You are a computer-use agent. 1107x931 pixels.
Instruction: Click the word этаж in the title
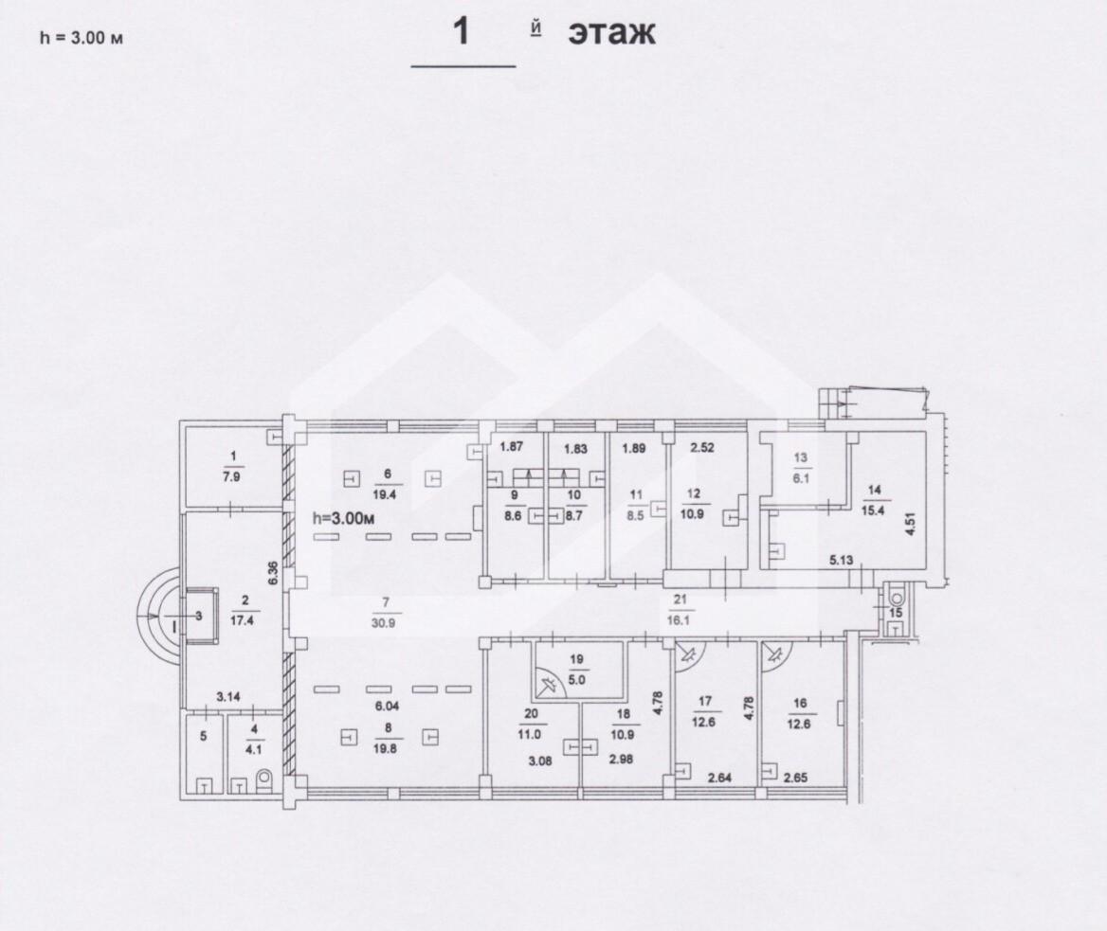[x=611, y=32]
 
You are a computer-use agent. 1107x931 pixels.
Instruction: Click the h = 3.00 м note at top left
[x=82, y=37]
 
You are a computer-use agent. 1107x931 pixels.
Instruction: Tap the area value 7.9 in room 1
[x=234, y=477]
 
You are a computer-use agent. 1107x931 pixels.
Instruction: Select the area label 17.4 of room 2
[x=245, y=621]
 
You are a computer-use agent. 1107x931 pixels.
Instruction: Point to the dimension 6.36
[x=273, y=572]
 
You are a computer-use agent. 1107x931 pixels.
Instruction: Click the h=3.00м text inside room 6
[x=344, y=518]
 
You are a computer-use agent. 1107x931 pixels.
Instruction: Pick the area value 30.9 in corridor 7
[x=385, y=623]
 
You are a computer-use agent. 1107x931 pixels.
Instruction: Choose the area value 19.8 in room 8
[x=385, y=749]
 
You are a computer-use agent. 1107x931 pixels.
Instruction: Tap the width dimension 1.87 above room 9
[x=511, y=446]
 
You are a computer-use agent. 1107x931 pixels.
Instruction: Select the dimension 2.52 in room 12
[x=702, y=447]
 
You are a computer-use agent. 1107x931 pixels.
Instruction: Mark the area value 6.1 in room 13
[x=800, y=478]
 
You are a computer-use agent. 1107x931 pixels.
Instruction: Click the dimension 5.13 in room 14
[x=842, y=561]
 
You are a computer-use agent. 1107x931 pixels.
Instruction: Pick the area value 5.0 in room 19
[x=577, y=681]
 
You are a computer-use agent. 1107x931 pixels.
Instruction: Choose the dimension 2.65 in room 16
[x=796, y=779]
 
